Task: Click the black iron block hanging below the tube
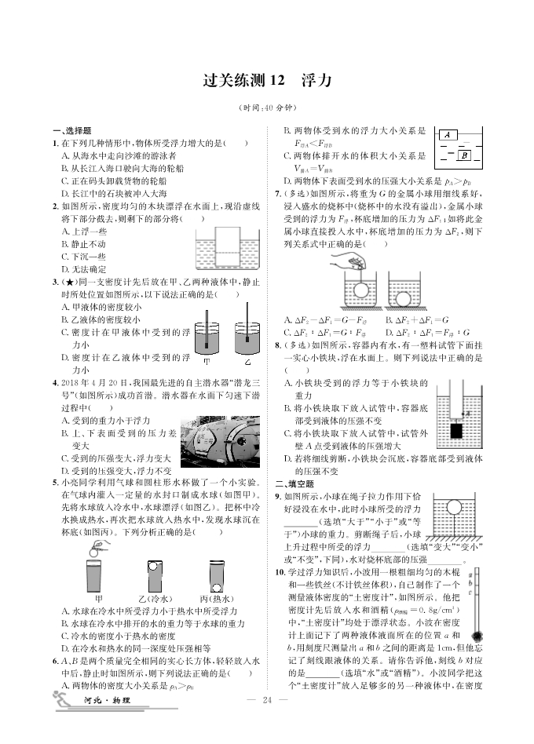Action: tap(456, 432)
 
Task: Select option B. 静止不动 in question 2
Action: tap(83, 244)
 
